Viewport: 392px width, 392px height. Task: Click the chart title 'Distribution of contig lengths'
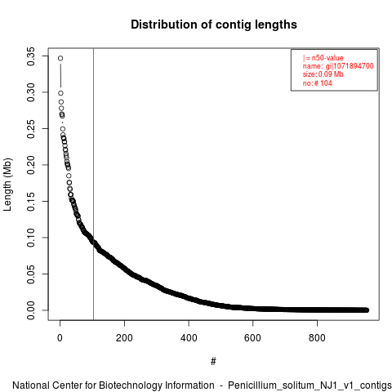point(214,24)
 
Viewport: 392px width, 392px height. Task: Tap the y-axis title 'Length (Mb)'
point(7,185)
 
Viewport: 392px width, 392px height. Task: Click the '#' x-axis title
point(213,362)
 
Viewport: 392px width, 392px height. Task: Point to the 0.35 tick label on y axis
point(31,56)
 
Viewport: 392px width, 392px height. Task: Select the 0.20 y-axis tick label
point(31,165)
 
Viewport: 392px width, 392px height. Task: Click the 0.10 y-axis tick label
point(31,238)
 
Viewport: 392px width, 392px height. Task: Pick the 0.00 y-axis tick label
point(31,310)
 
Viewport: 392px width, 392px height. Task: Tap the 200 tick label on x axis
point(124,338)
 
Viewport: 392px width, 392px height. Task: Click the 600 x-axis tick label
point(252,338)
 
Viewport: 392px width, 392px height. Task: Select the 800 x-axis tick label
point(317,338)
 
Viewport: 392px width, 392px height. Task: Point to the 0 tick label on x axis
point(60,338)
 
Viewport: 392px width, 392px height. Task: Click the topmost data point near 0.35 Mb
point(60,58)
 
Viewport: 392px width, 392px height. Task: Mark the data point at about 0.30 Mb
point(60,93)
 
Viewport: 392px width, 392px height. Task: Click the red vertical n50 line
point(94,184)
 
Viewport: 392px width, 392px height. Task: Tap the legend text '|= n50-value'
point(323,58)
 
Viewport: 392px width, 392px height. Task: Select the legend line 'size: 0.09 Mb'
point(323,74)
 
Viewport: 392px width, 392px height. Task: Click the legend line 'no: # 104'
point(318,83)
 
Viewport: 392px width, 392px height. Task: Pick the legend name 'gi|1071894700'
point(350,66)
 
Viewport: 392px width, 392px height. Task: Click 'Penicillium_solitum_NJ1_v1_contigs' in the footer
point(310,385)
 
